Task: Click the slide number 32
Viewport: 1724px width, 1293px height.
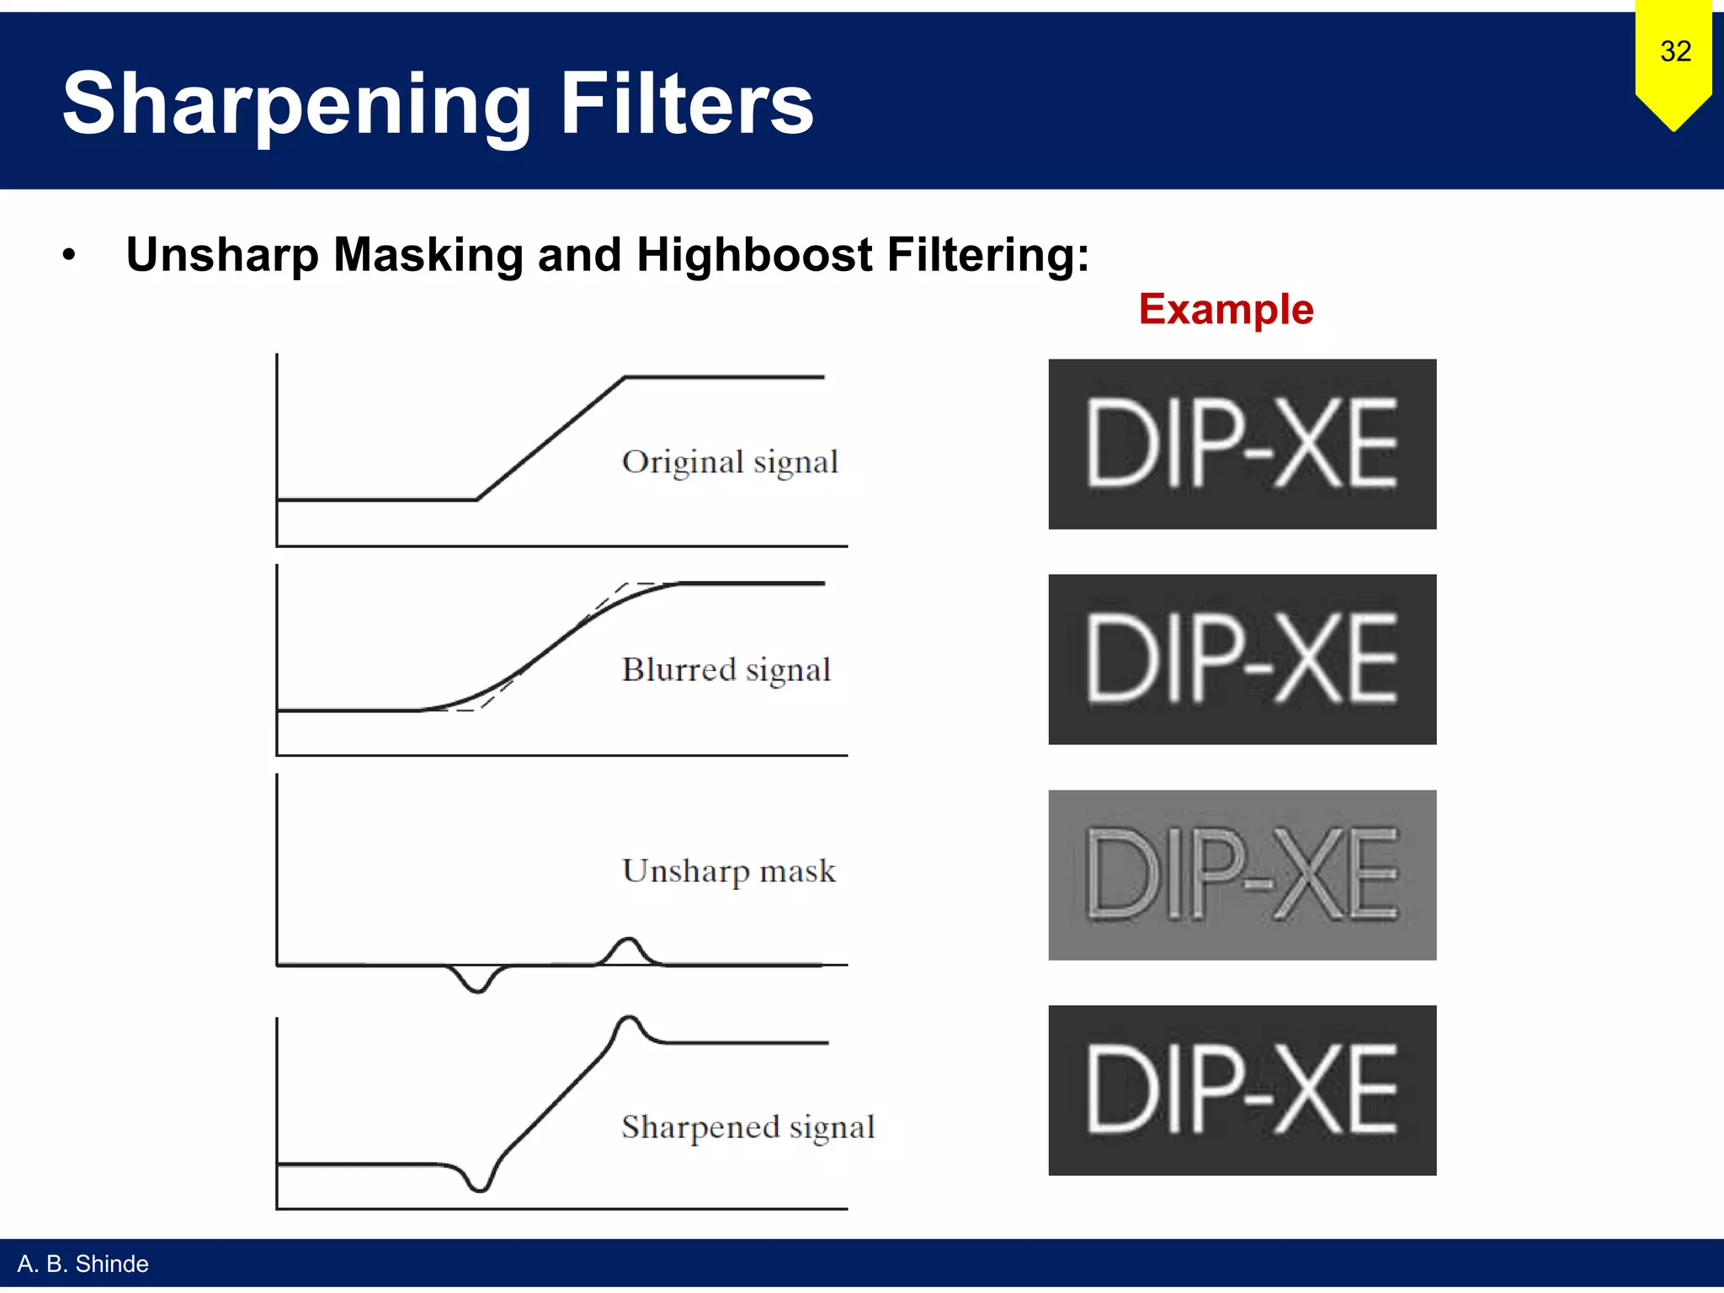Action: [1675, 51]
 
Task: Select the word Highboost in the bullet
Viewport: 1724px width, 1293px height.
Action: [754, 254]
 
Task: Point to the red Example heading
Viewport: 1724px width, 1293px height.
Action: [1226, 309]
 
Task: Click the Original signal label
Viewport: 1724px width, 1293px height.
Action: [730, 462]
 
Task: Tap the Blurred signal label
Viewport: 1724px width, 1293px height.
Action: [726, 670]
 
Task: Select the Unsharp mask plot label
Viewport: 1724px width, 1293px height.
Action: [729, 871]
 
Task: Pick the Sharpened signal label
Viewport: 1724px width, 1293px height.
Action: [748, 1127]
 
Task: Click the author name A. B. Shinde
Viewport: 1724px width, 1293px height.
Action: [83, 1264]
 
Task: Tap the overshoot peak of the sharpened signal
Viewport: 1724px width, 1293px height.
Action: [628, 1019]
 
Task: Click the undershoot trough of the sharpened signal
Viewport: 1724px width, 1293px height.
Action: [480, 1188]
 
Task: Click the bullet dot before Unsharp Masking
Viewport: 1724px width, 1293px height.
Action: [69, 255]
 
